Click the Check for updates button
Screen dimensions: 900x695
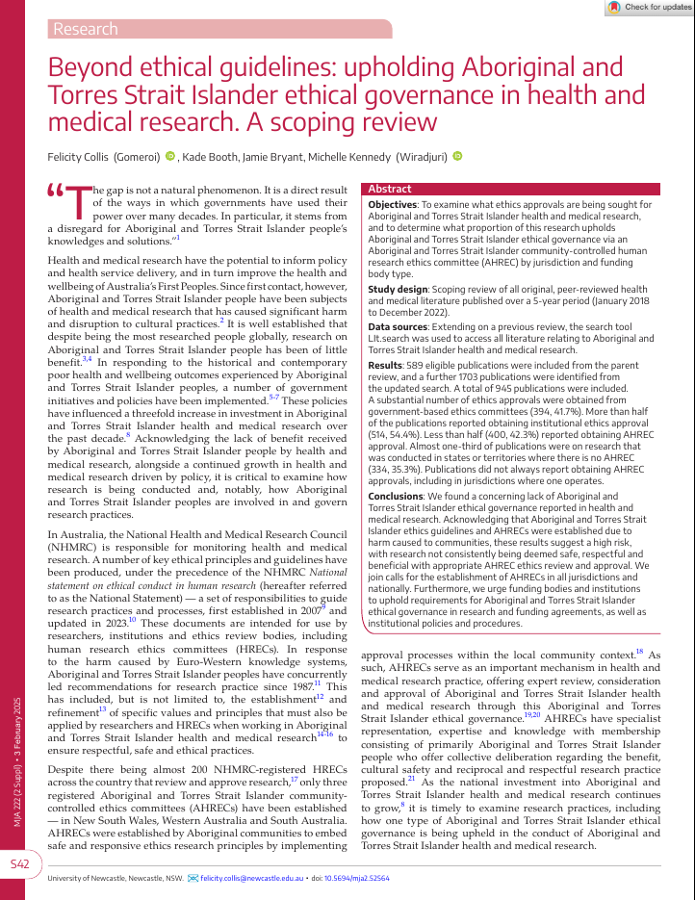pos(649,8)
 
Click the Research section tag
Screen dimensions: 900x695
pos(86,29)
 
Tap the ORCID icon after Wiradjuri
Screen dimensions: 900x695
pos(457,156)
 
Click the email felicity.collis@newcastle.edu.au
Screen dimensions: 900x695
pos(255,879)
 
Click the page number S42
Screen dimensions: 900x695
pos(22,865)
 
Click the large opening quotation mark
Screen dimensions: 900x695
pos(58,193)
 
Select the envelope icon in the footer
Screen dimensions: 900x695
pos(193,879)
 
